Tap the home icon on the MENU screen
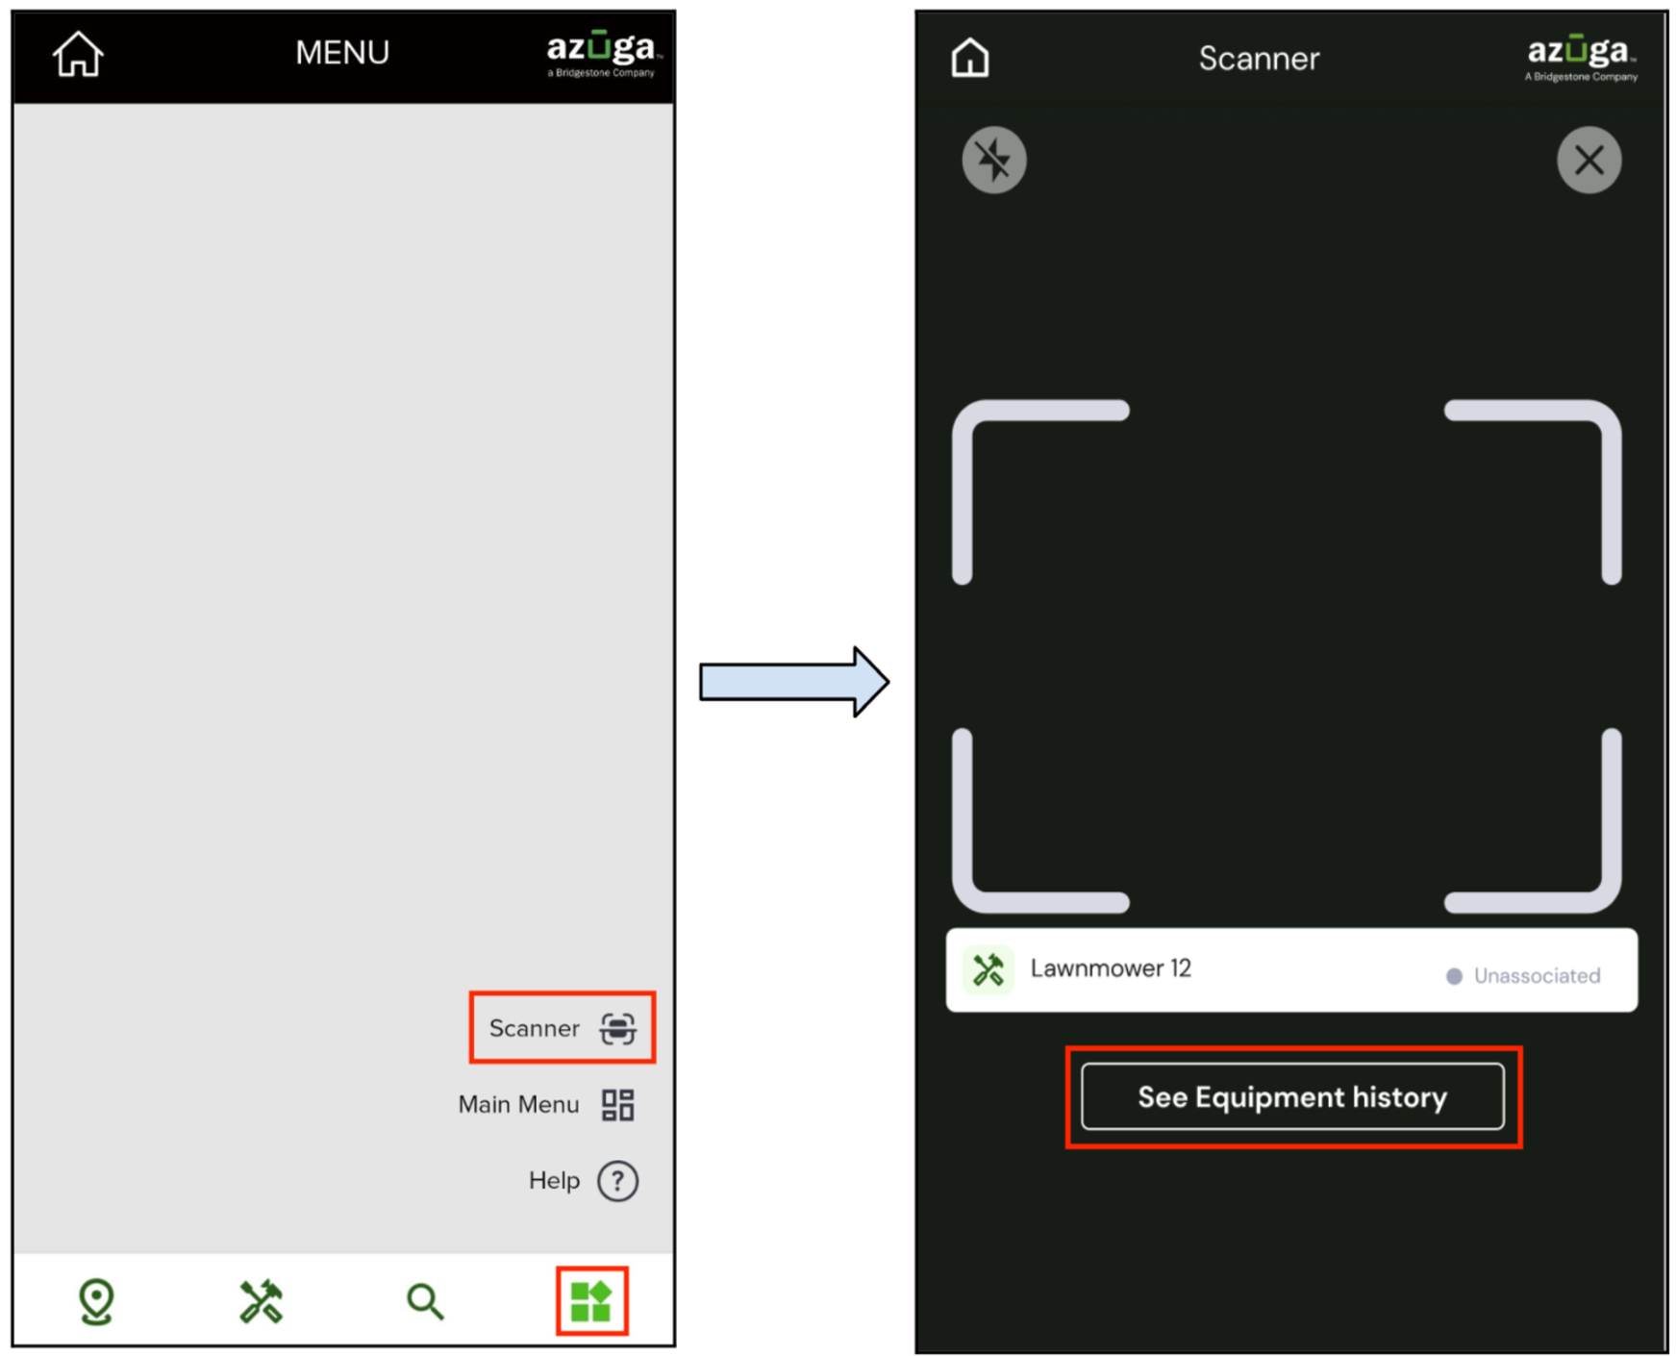tap(78, 54)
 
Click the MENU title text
tap(342, 52)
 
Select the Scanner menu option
tap(562, 1028)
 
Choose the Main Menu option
tap(546, 1104)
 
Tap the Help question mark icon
tap(617, 1181)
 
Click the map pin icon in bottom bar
tap(96, 1302)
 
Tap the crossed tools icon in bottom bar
tap(261, 1302)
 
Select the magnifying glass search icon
tap(425, 1302)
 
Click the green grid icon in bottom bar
tap(591, 1302)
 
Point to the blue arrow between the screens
tap(794, 682)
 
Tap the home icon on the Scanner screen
tap(969, 58)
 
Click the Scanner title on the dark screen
tap(1259, 59)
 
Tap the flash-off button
tap(994, 160)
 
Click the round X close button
tap(1589, 160)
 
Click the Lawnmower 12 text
tap(1111, 968)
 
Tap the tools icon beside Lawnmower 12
tap(988, 969)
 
